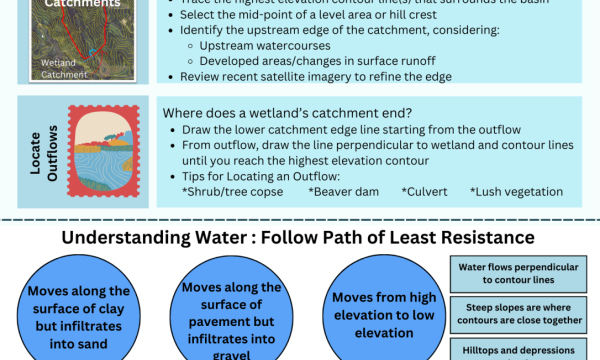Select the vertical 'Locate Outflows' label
[36, 150]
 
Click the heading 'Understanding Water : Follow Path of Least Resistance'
[298, 238]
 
